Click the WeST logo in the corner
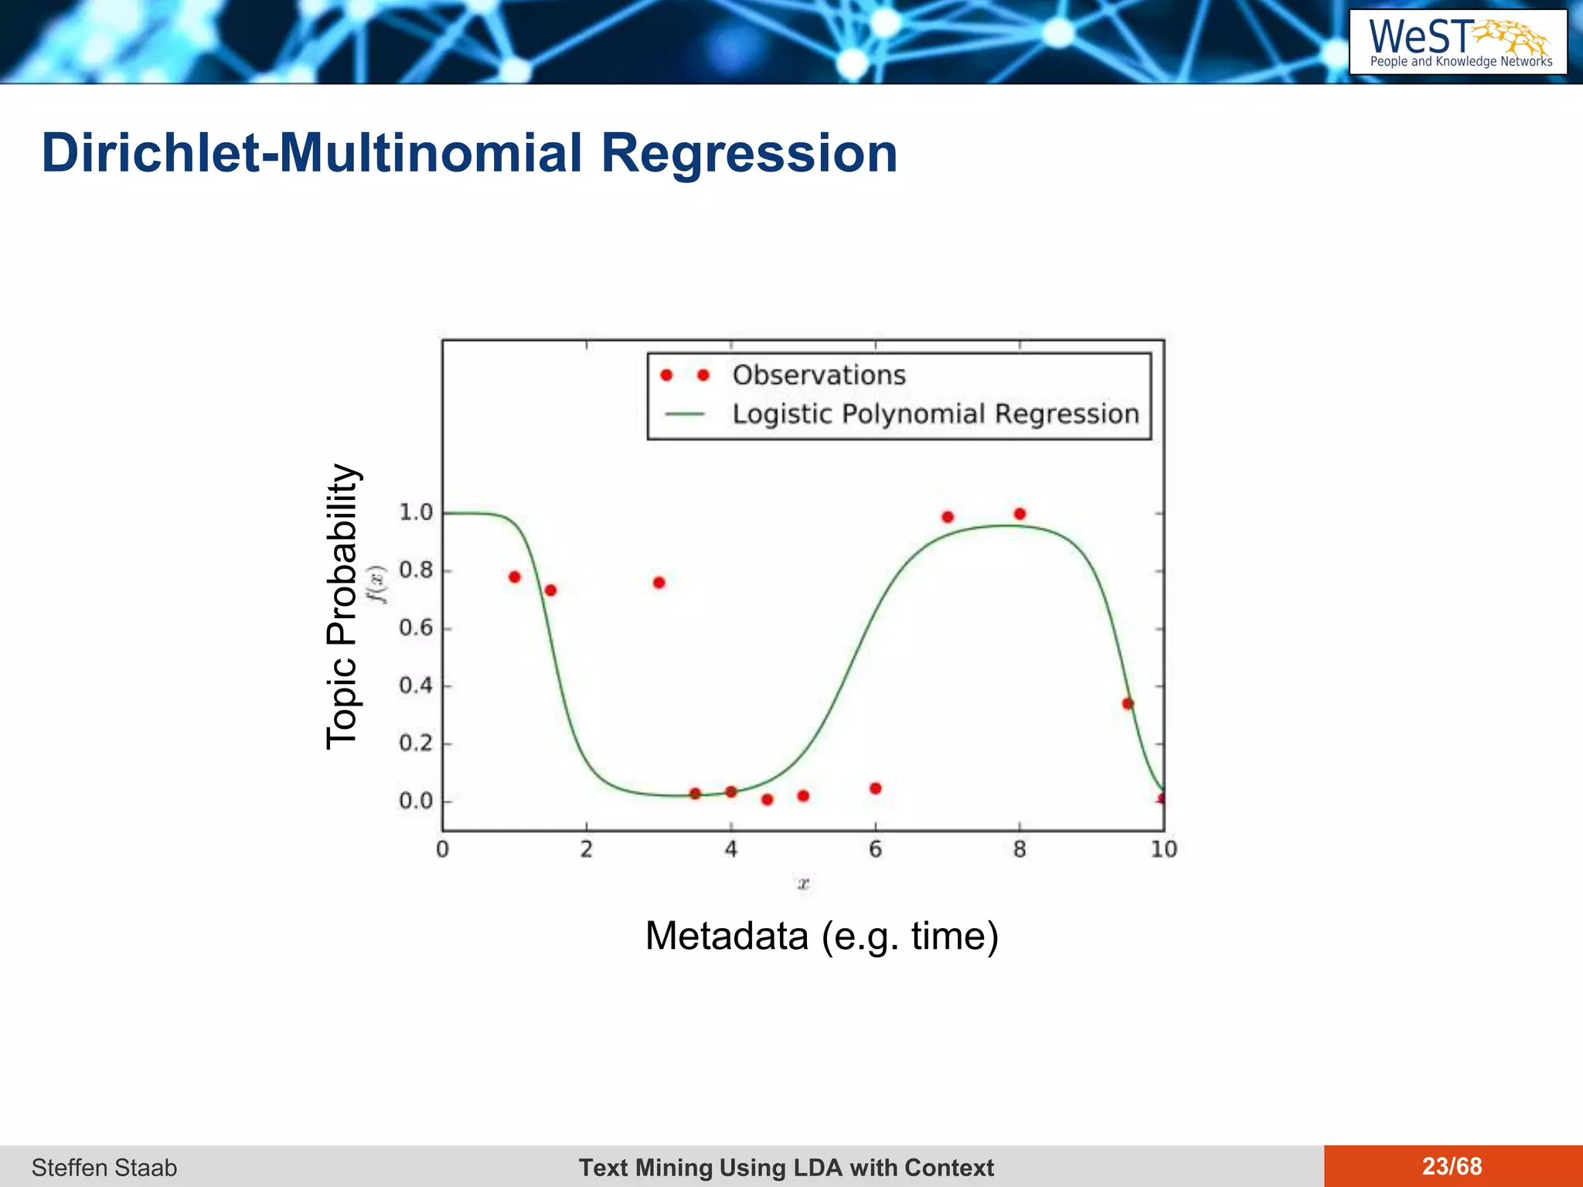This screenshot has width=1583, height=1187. pyautogui.click(x=1458, y=43)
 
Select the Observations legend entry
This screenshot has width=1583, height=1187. pyautogui.click(x=819, y=375)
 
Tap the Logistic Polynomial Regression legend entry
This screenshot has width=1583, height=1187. pyautogui.click(x=935, y=414)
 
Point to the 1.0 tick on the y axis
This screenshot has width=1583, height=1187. pyautogui.click(x=416, y=512)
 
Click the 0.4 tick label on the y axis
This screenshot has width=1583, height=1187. pyautogui.click(x=416, y=685)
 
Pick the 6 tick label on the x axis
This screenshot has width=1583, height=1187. pyautogui.click(x=875, y=849)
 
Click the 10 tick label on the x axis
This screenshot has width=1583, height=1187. pyautogui.click(x=1163, y=849)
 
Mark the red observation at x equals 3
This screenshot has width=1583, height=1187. pyautogui.click(x=659, y=583)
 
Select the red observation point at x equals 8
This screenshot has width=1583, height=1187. pyautogui.click(x=1020, y=514)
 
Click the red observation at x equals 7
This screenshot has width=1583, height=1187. pyautogui.click(x=948, y=517)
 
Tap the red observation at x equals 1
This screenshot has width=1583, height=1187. pyautogui.click(x=515, y=577)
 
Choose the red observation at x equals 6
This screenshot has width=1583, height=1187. pyautogui.click(x=875, y=788)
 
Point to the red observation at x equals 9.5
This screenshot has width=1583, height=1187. pyautogui.click(x=1127, y=703)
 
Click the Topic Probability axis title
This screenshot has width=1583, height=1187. pyautogui.click(x=342, y=607)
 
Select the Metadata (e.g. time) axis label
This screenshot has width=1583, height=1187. pyautogui.click(x=822, y=936)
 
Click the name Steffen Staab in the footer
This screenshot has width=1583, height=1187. pyautogui.click(x=104, y=1167)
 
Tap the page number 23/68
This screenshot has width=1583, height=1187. pyautogui.click(x=1452, y=1166)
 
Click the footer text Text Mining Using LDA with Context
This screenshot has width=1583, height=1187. pyautogui.click(x=786, y=1167)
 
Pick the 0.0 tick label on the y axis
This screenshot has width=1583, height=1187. pyautogui.click(x=416, y=801)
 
